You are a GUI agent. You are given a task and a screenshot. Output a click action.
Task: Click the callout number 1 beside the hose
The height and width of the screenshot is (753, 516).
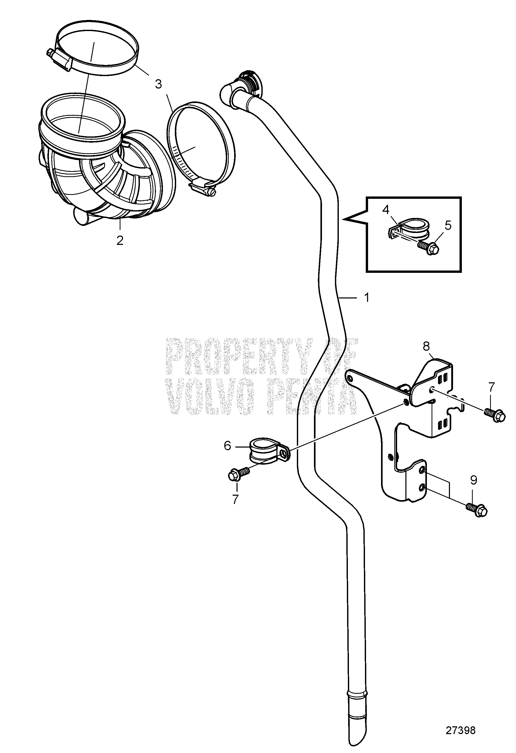pos(367,297)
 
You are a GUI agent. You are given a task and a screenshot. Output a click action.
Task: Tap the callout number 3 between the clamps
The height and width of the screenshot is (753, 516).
pos(158,84)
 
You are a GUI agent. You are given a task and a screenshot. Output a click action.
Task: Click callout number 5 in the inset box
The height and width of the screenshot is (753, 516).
pos(448,225)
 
